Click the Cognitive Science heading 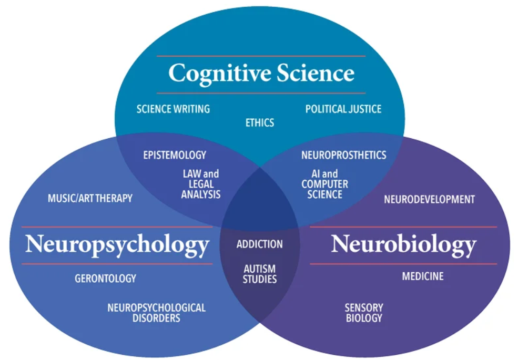(x=261, y=73)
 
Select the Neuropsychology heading (x=117, y=244)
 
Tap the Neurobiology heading (x=403, y=244)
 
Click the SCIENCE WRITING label (x=173, y=109)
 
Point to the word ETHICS (x=260, y=123)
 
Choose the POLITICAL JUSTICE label (x=343, y=109)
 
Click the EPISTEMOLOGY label (x=175, y=155)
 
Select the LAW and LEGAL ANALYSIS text (x=200, y=184)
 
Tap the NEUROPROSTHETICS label (x=343, y=155)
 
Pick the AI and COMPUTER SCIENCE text (x=324, y=184)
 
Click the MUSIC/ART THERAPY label (x=90, y=199)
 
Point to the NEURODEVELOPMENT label (x=429, y=200)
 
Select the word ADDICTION (x=259, y=244)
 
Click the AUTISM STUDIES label (x=259, y=274)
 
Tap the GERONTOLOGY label (x=105, y=279)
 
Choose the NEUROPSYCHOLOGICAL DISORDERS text (x=156, y=313)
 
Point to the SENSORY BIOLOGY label (x=364, y=313)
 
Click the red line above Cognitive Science (x=261, y=56)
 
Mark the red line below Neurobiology (x=403, y=264)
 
